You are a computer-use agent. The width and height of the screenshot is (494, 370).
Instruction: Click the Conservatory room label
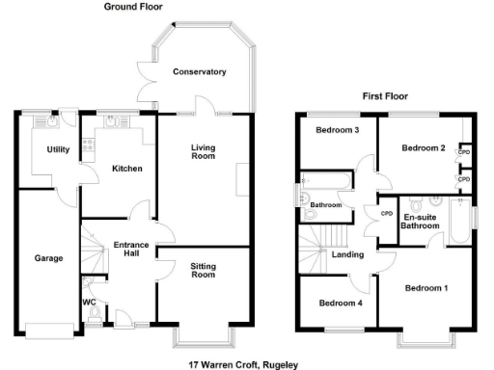(x=200, y=72)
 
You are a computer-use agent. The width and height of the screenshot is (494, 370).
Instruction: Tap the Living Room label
(x=203, y=152)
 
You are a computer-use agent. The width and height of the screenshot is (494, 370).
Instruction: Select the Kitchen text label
(x=126, y=169)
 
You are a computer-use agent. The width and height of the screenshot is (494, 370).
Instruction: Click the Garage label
(x=49, y=258)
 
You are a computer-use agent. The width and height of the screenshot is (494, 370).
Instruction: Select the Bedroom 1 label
(x=425, y=289)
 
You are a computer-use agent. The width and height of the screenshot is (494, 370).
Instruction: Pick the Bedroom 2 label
(x=423, y=148)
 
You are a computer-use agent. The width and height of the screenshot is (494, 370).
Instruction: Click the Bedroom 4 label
(x=339, y=304)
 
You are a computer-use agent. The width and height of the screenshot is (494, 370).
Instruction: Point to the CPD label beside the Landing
(x=386, y=213)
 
